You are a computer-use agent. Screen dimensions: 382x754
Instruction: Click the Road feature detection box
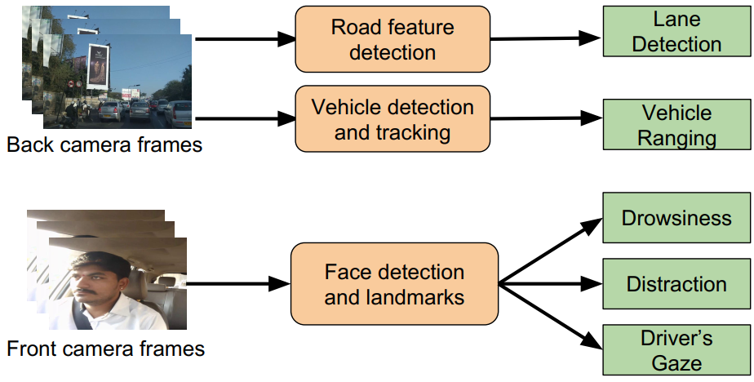coord(393,39)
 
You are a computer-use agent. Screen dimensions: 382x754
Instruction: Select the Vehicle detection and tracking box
coord(393,119)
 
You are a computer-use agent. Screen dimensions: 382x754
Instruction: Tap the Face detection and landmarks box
coord(393,283)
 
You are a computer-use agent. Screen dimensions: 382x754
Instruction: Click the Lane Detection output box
coord(676,32)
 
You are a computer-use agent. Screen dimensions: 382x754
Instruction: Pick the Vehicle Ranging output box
coord(676,125)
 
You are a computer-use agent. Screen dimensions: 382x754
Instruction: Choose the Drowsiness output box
coord(676,218)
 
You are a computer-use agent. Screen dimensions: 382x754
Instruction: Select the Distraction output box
coord(676,284)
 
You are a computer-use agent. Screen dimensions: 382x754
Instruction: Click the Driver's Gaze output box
coord(676,349)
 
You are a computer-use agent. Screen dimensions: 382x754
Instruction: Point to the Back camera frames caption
coord(104,146)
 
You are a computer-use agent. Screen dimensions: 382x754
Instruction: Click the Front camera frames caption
coord(106,349)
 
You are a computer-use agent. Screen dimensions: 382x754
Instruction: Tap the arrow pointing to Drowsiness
coord(551,251)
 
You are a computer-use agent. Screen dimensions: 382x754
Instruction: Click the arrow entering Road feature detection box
coord(245,38)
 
